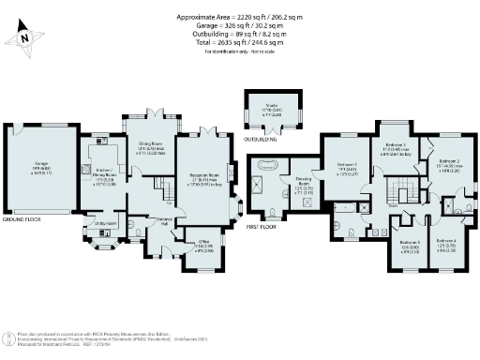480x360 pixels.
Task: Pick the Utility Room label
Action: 105,224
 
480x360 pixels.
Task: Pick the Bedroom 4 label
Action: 446,243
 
